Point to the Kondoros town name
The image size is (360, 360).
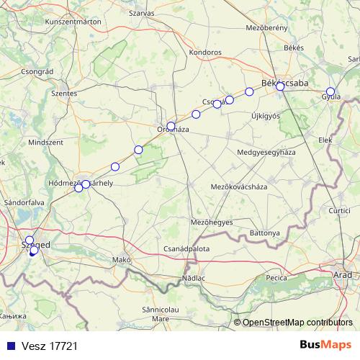coord(204,52)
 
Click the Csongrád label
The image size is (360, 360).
coord(39,72)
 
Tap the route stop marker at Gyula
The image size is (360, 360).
coord(330,91)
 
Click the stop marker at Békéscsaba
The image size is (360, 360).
coord(280,86)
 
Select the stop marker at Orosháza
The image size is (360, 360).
coord(171,126)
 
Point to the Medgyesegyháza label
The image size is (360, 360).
coord(266,153)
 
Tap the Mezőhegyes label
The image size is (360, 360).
coord(211,222)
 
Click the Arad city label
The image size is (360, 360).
coord(343,275)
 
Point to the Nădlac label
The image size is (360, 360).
coord(194,277)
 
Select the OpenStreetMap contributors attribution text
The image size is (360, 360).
coord(297,322)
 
